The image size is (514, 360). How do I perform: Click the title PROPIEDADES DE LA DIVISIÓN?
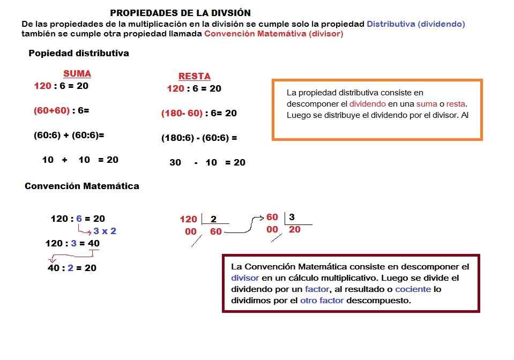(180, 13)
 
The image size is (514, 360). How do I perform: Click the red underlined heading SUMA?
(77, 74)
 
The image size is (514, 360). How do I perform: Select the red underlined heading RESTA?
(194, 77)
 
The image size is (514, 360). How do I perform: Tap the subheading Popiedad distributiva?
(79, 54)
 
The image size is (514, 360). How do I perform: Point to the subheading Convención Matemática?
(82, 186)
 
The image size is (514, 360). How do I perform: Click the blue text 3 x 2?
(105, 231)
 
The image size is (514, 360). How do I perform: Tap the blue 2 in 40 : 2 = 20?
(70, 268)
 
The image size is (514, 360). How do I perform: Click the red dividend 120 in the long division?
(188, 219)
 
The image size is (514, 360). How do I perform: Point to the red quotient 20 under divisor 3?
(295, 230)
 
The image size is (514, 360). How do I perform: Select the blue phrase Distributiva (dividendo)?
(416, 24)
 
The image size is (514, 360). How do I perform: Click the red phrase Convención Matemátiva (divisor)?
(273, 34)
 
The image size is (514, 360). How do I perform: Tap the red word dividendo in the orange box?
(367, 104)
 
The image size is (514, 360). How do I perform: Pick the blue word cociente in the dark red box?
(413, 289)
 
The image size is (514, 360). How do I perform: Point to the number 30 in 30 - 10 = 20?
(175, 162)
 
